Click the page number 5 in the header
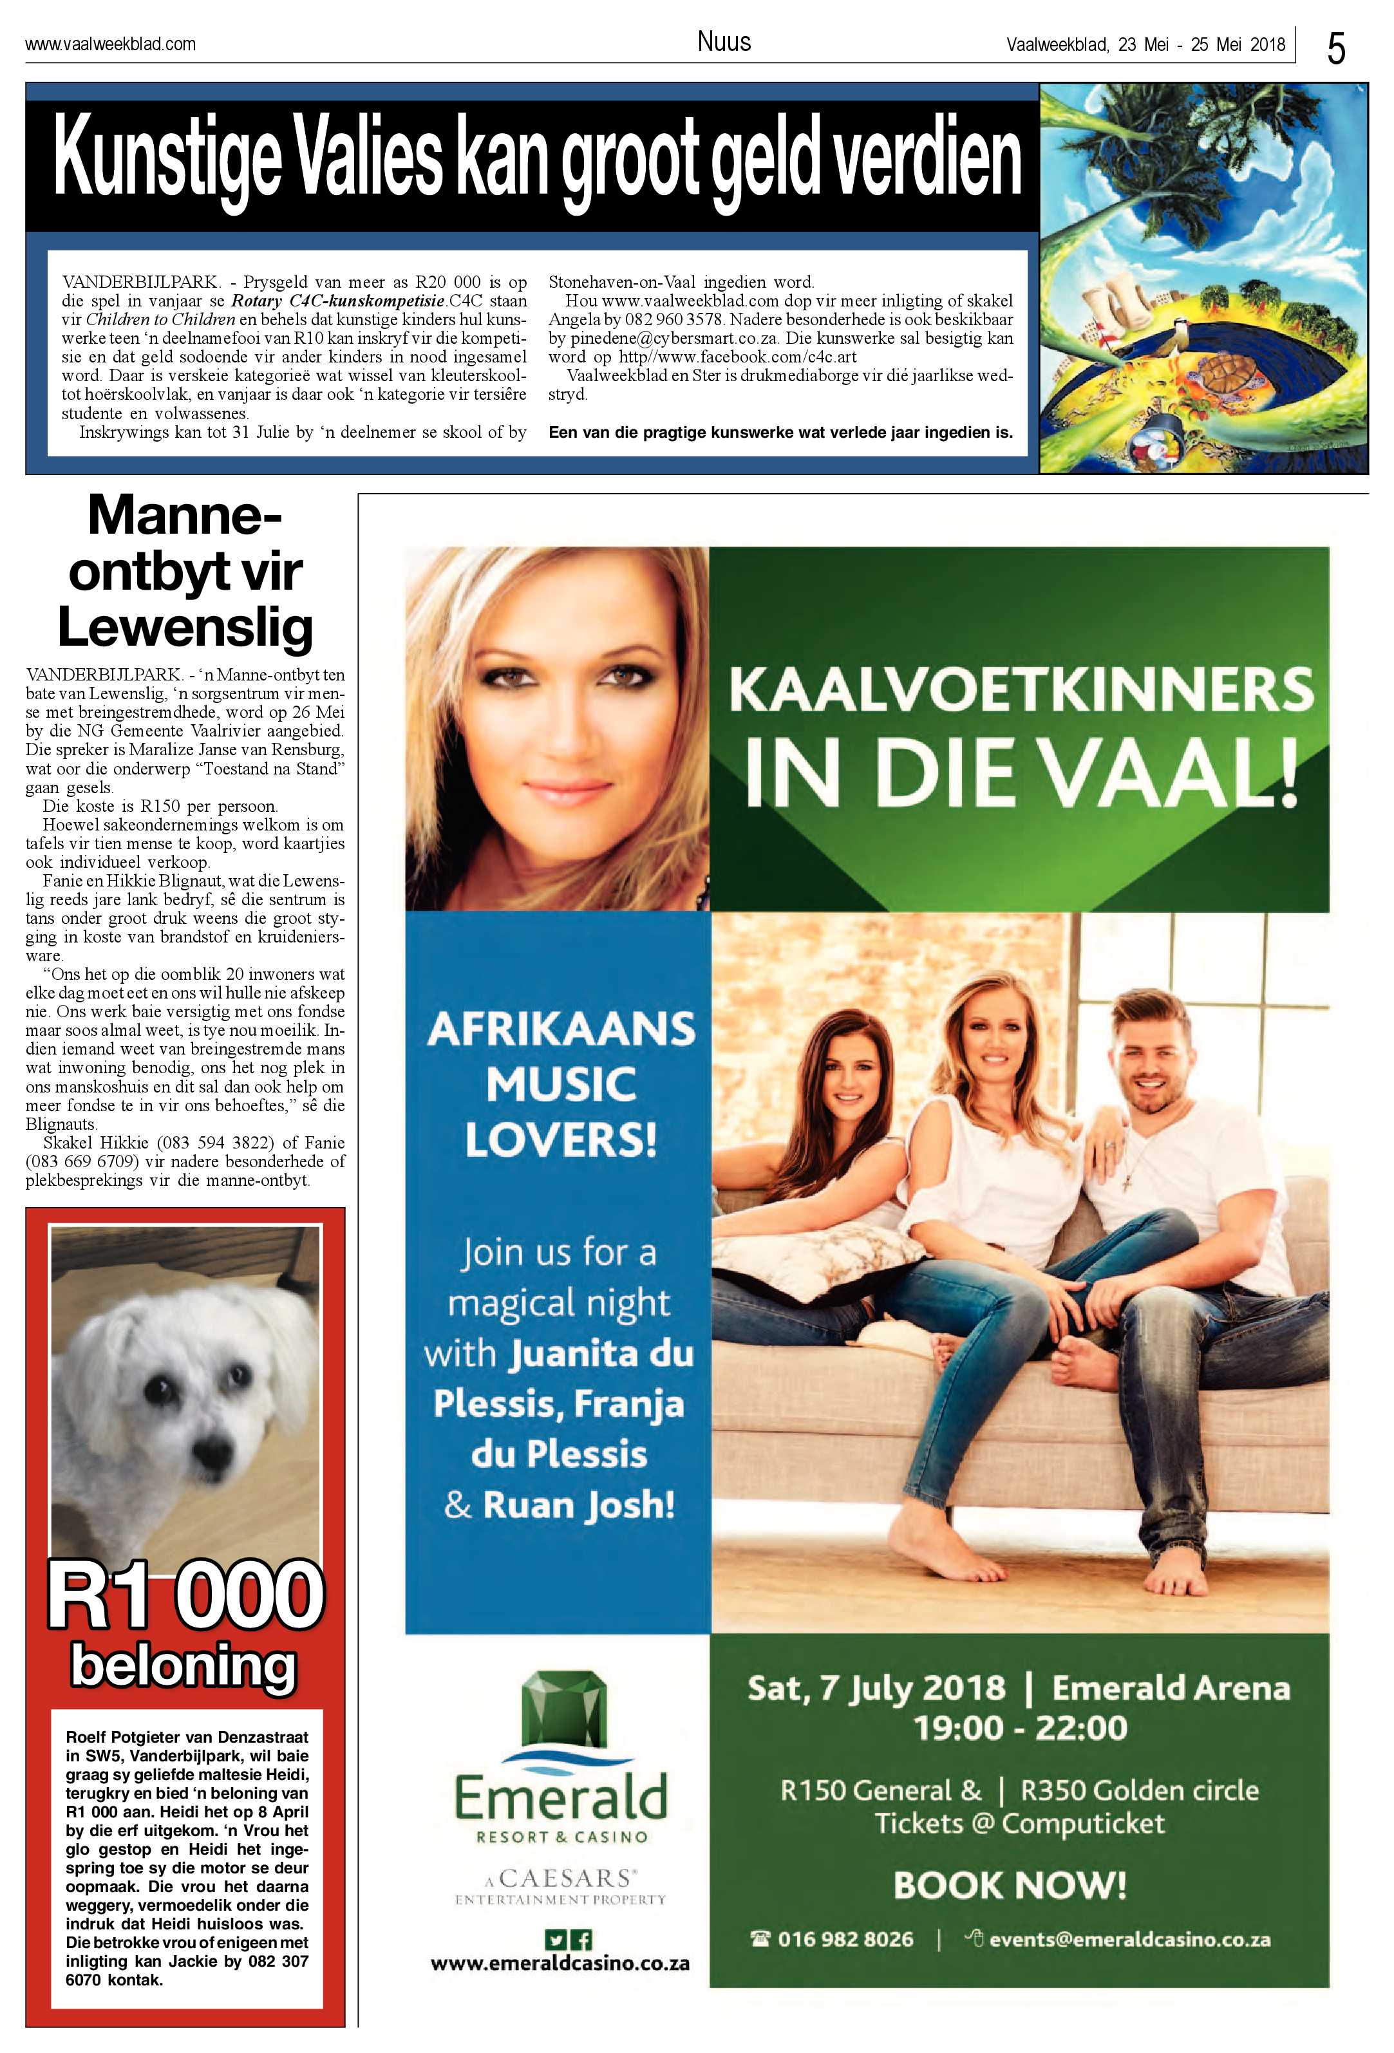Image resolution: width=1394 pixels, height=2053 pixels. (1335, 48)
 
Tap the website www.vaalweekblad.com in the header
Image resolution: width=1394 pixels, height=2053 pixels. (110, 43)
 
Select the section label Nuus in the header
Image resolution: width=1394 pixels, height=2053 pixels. (724, 41)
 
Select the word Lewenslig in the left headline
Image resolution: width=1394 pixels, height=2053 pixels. (185, 628)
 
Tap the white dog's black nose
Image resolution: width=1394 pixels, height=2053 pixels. (211, 1448)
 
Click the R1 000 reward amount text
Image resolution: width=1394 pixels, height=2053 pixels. (185, 1595)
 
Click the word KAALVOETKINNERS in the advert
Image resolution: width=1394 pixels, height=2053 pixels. (1021, 691)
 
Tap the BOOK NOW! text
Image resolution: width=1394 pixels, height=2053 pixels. (1010, 1885)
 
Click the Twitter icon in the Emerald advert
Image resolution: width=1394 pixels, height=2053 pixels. (555, 1940)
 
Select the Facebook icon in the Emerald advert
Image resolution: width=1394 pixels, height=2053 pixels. (581, 1940)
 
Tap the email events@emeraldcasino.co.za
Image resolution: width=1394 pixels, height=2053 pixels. (1129, 1939)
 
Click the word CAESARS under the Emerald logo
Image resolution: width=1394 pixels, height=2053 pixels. (566, 1877)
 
